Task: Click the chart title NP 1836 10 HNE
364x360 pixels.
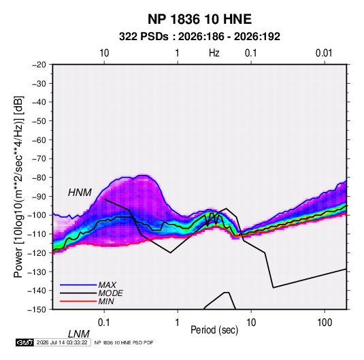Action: [199, 19]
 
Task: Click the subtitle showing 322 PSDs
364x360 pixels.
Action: [199, 37]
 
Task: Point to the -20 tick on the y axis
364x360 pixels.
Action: [39, 65]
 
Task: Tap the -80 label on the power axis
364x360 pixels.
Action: [39, 178]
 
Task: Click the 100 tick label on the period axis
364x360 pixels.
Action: [325, 323]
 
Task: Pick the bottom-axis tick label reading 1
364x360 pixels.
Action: [178, 323]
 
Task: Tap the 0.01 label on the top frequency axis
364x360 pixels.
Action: [324, 53]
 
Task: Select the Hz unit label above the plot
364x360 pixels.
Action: [214, 53]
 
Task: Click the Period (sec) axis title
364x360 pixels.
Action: [214, 330]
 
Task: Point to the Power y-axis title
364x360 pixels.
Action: [18, 187]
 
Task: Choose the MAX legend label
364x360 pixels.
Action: [107, 284]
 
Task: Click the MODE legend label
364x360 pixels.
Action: [110, 293]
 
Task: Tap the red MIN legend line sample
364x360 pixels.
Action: [78, 301]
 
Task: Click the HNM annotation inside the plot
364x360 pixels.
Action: [80, 193]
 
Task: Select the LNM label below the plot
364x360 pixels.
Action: [79, 334]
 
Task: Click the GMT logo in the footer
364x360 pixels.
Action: [25, 342]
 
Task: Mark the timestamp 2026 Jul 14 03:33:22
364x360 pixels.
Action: [62, 342]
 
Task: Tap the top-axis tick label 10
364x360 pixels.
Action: [104, 53]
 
